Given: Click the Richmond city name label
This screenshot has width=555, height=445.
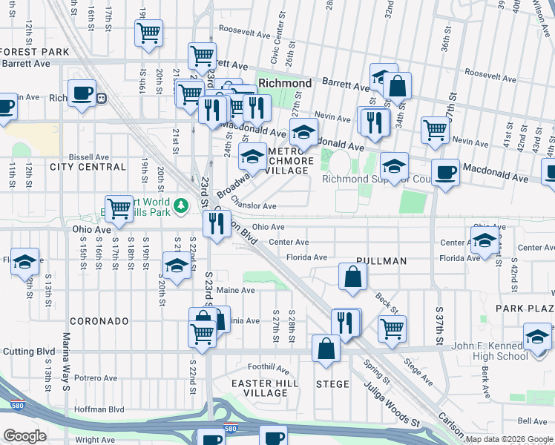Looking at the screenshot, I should (x=285, y=83).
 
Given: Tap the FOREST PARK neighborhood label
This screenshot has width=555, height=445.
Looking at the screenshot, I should (x=35, y=52).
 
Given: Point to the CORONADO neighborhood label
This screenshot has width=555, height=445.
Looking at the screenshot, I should (x=100, y=321).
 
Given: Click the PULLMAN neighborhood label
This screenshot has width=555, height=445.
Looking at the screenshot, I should (x=381, y=261).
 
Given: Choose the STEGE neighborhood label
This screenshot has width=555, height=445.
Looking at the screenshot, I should (x=332, y=383).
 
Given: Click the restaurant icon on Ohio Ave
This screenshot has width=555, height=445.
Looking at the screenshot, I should (x=216, y=222).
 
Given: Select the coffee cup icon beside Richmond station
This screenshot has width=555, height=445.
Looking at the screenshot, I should (x=82, y=94).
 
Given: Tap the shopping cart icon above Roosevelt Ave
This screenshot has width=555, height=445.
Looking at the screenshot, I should (x=148, y=33).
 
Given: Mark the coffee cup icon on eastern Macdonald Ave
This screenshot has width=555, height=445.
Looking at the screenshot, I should (x=445, y=173).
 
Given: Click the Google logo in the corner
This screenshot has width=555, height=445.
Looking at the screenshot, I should (x=24, y=436).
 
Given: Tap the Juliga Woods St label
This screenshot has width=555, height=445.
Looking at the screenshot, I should (x=391, y=405).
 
